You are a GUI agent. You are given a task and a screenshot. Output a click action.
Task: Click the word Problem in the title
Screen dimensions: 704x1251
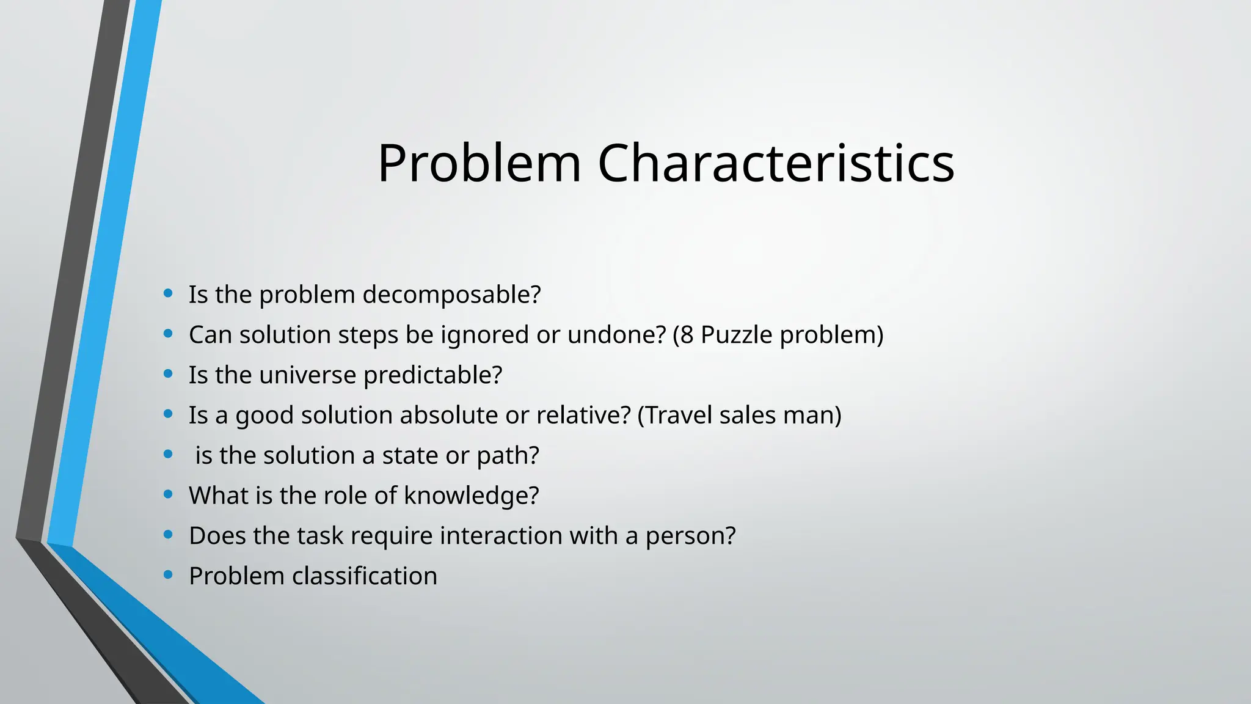click(479, 163)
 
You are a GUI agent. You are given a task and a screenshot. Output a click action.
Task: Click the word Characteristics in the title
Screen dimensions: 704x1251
click(776, 163)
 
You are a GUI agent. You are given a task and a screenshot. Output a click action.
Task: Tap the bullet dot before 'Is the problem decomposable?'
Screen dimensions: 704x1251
click(168, 293)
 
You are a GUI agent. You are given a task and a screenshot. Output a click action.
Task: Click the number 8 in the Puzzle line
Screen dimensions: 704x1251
click(687, 335)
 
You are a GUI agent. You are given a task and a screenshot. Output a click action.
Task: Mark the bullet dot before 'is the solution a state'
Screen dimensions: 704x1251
click(168, 454)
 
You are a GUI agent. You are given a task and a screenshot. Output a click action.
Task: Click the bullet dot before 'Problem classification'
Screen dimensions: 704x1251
click(168, 574)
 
